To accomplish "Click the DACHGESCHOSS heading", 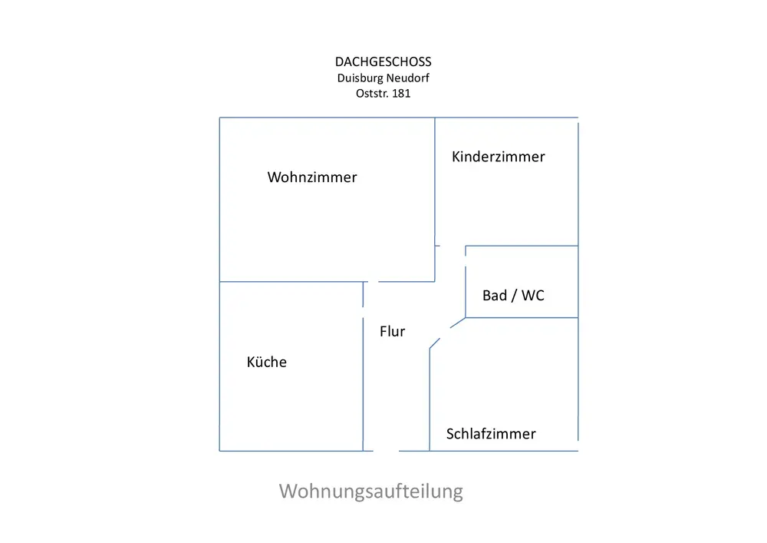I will [383, 62].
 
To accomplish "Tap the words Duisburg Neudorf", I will [383, 78].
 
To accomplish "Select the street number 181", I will [401, 93].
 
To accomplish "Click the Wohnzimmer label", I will [312, 177].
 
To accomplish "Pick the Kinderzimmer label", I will [499, 157].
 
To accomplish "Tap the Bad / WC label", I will [513, 295].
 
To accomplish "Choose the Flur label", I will [392, 332].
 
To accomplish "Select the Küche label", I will [267, 362].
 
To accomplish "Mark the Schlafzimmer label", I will [491, 434].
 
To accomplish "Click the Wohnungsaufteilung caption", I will [371, 491].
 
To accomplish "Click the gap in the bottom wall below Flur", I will [386, 450].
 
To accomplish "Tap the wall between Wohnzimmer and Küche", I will [291, 282].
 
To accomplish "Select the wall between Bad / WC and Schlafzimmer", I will [522, 317].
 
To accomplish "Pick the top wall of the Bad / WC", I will [522, 247].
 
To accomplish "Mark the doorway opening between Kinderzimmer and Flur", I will [452, 246].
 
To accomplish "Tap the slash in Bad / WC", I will [512, 295].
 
